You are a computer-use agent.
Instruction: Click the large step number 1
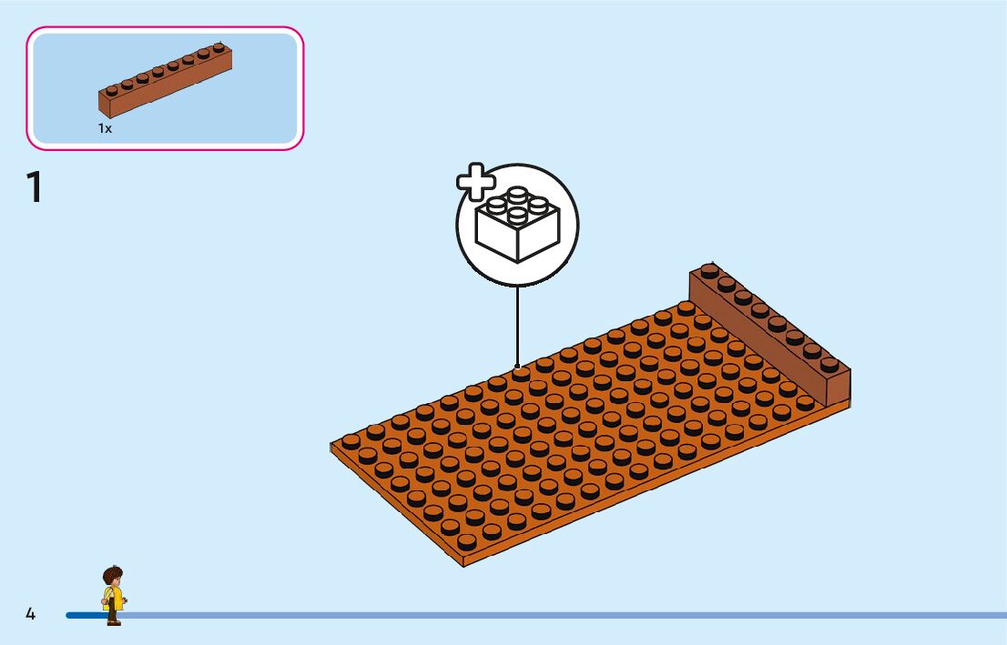click(35, 186)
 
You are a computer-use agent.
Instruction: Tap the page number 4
click(30, 614)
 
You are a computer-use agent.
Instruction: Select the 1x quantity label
click(105, 129)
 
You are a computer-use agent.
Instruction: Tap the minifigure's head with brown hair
click(112, 577)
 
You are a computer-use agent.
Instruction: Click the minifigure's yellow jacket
click(113, 598)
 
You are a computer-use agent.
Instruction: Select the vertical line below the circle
click(517, 323)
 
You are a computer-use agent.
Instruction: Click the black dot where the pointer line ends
click(517, 368)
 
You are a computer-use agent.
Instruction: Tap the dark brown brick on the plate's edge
click(769, 332)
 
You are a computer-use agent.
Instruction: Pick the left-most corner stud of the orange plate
click(350, 440)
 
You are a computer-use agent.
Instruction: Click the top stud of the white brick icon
click(516, 194)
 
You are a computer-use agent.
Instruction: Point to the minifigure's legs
click(113, 616)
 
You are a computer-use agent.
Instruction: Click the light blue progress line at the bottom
click(546, 615)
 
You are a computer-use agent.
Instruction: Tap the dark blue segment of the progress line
click(82, 615)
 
